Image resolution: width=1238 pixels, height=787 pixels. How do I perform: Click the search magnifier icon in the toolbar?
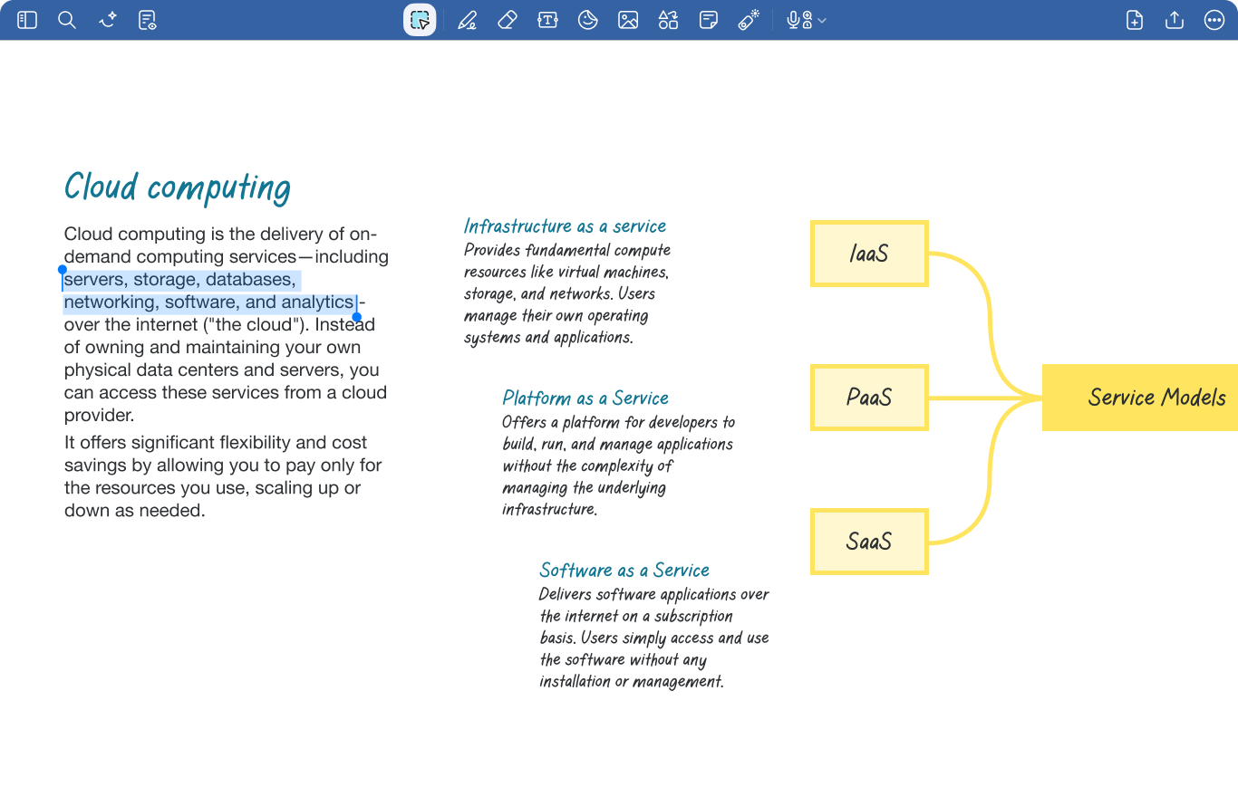tap(67, 20)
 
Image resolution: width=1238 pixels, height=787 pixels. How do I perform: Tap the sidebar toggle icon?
tap(27, 20)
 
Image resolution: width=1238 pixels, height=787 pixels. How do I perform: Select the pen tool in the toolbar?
tap(468, 20)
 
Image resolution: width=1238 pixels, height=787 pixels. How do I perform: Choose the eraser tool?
tap(508, 20)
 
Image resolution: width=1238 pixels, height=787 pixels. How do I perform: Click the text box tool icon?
tap(547, 20)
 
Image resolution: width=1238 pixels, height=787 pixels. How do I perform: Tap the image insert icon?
tap(628, 20)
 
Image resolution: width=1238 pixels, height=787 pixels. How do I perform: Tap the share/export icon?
tap(1175, 20)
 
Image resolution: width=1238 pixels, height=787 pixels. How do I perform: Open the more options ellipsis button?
tap(1214, 20)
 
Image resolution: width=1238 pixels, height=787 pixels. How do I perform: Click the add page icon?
tap(1135, 20)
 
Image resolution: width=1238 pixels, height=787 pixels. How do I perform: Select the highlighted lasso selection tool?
tap(420, 20)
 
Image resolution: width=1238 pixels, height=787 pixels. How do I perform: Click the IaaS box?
tap(869, 254)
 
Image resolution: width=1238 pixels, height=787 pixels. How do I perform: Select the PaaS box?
tap(869, 398)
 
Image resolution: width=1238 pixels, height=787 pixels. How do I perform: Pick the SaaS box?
tap(869, 542)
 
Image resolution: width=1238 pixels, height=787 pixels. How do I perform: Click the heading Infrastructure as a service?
tap(565, 226)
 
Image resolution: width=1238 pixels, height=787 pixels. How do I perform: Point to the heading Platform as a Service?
tap(585, 398)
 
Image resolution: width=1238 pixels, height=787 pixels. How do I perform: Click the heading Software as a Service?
tap(624, 571)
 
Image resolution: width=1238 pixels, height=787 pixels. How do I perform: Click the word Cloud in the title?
tap(101, 187)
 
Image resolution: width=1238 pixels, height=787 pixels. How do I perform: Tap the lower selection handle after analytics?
tap(357, 317)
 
